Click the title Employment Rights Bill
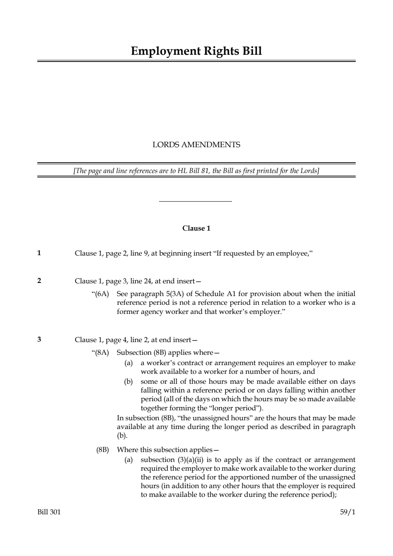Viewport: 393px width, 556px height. pyautogui.click(x=196, y=51)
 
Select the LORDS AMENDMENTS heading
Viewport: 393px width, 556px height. pyautogui.click(x=196, y=145)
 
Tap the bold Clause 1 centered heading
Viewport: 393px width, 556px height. pyautogui.click(x=196, y=228)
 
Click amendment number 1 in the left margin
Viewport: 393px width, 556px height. pyautogui.click(x=39, y=253)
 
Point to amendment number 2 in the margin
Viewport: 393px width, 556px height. pyautogui.click(x=39, y=281)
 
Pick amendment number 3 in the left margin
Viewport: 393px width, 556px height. pyautogui.click(x=39, y=339)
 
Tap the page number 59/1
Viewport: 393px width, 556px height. pyautogui.click(x=347, y=512)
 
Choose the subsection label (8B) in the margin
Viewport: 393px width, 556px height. pyautogui.click(x=103, y=450)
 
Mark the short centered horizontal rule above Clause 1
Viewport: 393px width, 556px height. pyautogui.click(x=195, y=201)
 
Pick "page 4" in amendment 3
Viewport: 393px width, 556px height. pyautogui.click(x=114, y=340)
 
